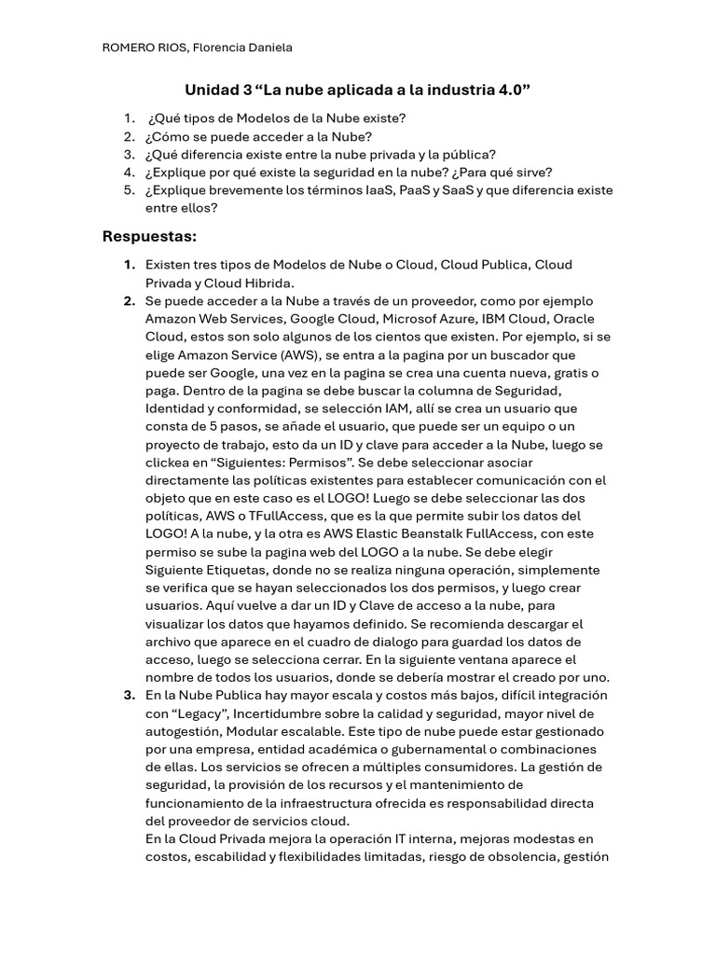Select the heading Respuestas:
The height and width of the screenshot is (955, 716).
[x=149, y=237]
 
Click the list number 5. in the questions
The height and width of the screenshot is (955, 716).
[x=129, y=190]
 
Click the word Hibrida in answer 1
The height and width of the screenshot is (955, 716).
[x=270, y=283]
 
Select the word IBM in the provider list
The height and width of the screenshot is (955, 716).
[x=493, y=319]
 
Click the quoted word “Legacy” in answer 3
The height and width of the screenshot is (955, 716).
[x=190, y=713]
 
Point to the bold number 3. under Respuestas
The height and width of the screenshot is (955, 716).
[x=129, y=696]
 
